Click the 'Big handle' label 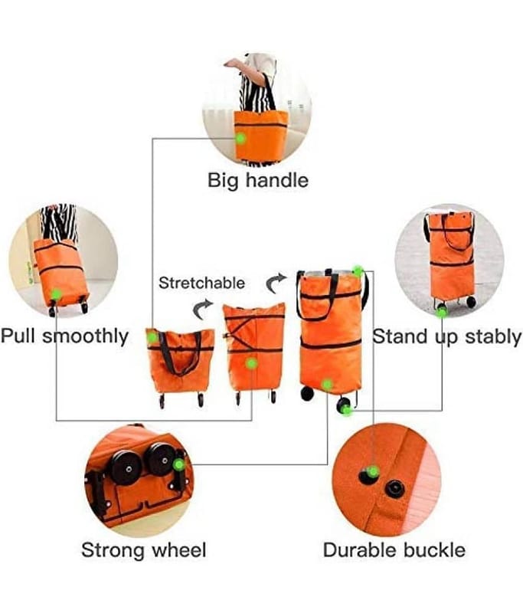pos(258,181)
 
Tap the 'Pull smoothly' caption pos(64,336)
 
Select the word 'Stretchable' pos(201,283)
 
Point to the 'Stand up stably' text pos(447,336)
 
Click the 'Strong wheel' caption pos(144,550)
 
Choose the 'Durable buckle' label pos(394,550)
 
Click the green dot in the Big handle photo pos(241,139)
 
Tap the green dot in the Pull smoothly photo pos(56,294)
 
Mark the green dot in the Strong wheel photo pos(179,464)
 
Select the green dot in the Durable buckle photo pos(374,471)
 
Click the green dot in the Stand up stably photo pos(442,312)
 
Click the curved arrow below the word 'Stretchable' pos(202,309)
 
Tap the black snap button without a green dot pos(394,490)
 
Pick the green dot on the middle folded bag pos(252,364)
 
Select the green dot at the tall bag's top pos(358,271)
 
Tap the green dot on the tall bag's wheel pos(346,410)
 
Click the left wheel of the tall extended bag pos(307,393)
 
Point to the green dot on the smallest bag pos(152,337)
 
